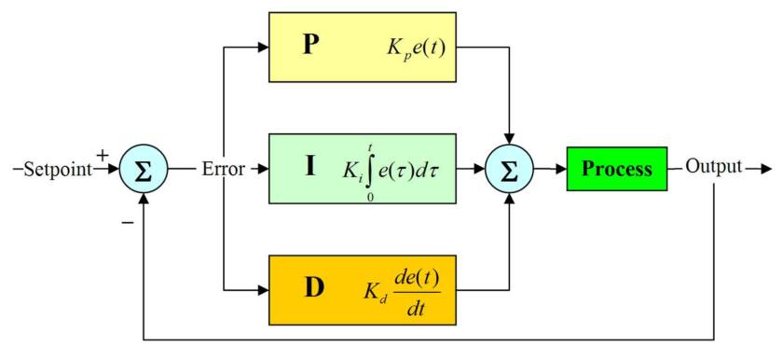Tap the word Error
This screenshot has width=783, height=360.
click(x=224, y=169)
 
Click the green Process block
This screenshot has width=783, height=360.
click(x=616, y=169)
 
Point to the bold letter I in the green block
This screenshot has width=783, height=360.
click(x=309, y=168)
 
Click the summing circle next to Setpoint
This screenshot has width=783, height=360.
click(x=144, y=170)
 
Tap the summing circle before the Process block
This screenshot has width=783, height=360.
click(x=509, y=170)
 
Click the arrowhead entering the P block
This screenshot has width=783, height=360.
click(x=263, y=46)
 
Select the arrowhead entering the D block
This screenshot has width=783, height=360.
click(x=263, y=289)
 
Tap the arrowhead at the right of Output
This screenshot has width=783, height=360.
click(x=765, y=169)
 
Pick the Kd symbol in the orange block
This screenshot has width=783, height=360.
click(x=372, y=290)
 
